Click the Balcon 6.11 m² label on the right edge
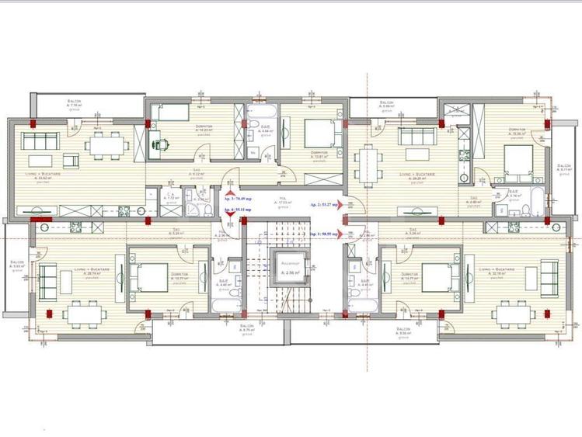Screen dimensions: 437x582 pos(564,168)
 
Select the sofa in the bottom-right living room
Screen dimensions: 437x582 pos(549,277)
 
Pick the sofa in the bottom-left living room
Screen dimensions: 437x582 pos(47,279)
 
